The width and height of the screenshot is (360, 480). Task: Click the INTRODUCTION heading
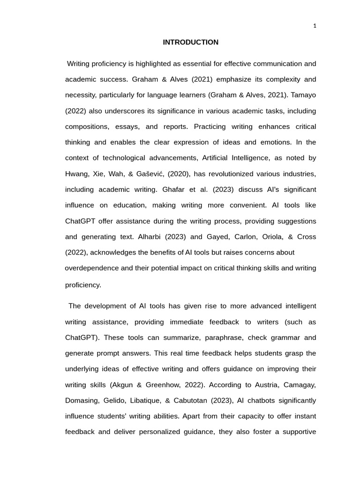(190, 42)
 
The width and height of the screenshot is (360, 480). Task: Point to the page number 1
(315, 26)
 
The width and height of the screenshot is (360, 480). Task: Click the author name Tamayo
(303, 95)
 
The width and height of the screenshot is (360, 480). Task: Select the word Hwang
(76, 174)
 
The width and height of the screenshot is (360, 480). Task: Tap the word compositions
(87, 127)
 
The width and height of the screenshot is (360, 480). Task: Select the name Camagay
(299, 385)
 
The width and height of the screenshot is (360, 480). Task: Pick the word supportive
(299, 432)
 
